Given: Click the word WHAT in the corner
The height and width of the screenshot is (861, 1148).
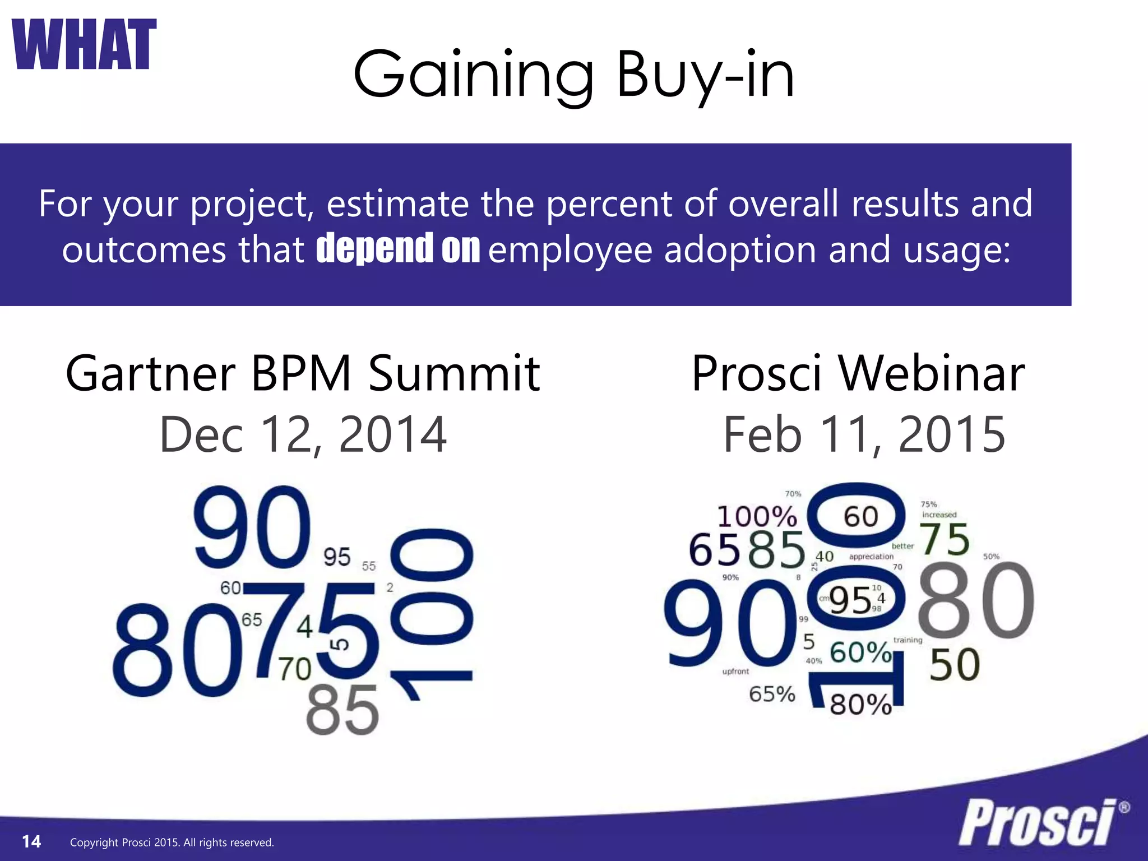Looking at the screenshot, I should click(84, 44).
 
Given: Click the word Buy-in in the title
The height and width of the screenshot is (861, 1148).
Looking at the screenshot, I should click(705, 75).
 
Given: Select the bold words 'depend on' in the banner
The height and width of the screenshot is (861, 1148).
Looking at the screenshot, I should click(398, 248).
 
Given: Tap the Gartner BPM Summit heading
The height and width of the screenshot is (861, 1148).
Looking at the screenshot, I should click(303, 373).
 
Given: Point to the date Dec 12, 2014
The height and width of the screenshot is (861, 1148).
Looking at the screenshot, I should click(303, 434).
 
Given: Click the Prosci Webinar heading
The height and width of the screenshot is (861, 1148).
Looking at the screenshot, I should click(858, 373).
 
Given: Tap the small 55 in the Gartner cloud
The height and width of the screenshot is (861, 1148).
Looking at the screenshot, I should click(369, 566).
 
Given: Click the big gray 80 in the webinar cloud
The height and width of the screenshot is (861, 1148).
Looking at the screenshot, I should click(976, 601).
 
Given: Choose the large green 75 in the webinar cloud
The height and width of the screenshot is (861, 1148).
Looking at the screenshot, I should click(945, 539).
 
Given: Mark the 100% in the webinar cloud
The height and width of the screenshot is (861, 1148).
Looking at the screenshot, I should click(757, 516).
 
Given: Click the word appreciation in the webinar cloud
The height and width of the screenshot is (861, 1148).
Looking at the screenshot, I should click(871, 557).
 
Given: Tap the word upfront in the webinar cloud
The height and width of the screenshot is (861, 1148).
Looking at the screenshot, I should click(735, 671).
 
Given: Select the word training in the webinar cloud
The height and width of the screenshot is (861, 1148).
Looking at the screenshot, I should click(908, 640).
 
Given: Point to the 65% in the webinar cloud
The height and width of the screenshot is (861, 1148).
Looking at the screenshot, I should click(772, 694).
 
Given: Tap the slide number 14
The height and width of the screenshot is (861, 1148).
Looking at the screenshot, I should click(31, 841).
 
